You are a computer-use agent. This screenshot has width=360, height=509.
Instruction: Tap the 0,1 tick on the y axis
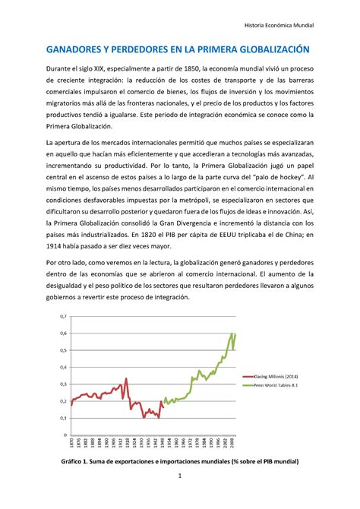pyautogui.click(x=62, y=418)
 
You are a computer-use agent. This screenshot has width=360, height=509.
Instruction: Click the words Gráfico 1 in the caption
pyautogui.click(x=78, y=461)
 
